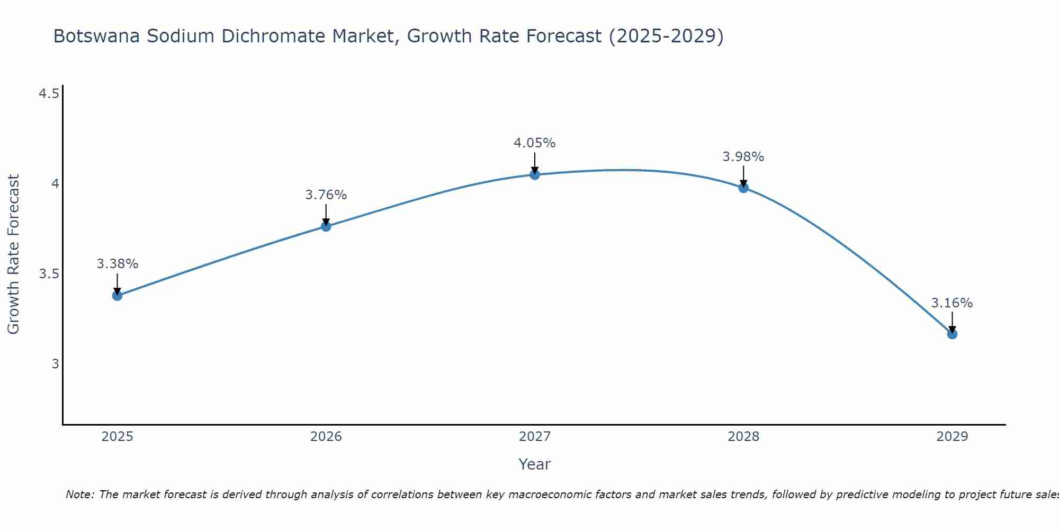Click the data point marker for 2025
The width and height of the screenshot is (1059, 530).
117,295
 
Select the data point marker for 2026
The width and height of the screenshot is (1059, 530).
326,226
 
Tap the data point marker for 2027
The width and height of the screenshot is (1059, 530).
535,174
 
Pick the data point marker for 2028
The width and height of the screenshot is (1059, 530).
743,187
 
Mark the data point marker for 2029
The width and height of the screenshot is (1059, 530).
952,334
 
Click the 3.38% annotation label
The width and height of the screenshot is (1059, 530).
117,263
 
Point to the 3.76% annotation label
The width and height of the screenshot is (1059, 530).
326,195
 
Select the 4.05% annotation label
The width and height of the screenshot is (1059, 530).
535,143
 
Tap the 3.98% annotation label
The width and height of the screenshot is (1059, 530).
743,157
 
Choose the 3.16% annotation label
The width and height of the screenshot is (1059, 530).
952,303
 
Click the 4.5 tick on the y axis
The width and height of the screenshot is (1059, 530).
49,94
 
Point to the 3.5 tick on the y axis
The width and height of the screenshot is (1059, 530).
49,274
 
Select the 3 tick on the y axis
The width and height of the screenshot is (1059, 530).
55,364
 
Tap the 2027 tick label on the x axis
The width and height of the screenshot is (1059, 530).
535,437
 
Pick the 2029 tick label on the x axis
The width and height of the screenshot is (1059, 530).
952,437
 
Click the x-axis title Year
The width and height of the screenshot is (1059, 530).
535,464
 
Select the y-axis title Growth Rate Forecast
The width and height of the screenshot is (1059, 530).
13,254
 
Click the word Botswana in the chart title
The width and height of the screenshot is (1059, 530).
97,36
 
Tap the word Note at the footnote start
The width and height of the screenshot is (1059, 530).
79,494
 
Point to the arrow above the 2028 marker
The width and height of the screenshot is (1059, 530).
743,175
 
